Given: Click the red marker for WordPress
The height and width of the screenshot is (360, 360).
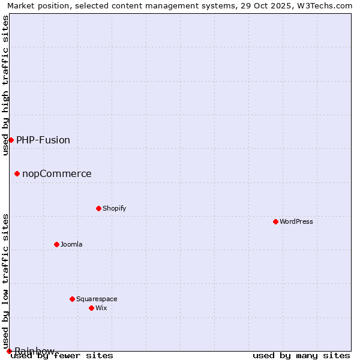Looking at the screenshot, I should coord(275,221).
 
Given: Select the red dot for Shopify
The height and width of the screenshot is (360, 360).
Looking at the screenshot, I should coord(98,208).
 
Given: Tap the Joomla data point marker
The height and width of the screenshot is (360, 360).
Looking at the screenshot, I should coord(56,244).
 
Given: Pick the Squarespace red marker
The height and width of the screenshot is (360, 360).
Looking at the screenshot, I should coord(72,299).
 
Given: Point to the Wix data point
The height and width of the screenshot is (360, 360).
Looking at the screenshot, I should coord(91,308).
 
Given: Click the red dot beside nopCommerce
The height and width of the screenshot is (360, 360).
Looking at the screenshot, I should coord(17,174).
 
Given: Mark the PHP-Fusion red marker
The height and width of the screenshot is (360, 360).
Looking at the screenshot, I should coord(11,140).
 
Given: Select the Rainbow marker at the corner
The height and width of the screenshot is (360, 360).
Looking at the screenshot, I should coord(9,351).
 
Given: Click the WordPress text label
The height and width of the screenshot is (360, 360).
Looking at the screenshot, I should coord(296,221).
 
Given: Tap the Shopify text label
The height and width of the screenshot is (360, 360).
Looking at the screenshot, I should coord(114,208).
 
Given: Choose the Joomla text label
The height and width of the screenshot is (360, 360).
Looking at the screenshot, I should coord(71,244).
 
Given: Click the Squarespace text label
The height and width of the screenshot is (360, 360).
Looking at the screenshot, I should coord(97,299).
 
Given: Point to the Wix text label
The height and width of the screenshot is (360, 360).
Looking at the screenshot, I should coord(101,308).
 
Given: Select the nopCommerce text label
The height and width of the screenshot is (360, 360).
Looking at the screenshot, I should coord(57,174).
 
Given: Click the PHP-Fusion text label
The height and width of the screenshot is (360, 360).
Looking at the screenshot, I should coord(43,140).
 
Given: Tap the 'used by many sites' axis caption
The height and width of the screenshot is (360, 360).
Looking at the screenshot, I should coord(301,356).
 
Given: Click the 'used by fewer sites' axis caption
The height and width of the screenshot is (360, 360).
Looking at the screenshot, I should coord(62,356).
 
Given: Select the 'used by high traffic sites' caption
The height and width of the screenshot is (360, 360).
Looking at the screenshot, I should coord(6,85).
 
